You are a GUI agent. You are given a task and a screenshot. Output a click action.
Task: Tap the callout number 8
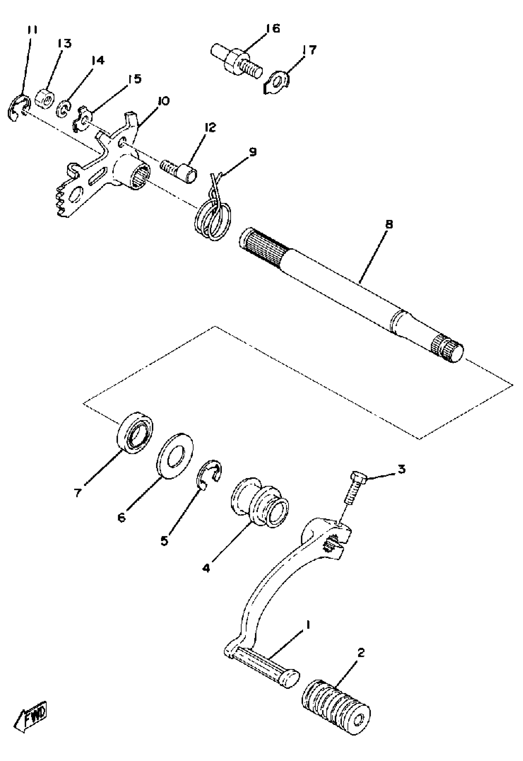(389, 225)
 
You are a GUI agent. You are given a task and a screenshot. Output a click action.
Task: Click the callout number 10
(163, 101)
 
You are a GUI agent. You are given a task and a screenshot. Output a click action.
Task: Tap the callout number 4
(206, 568)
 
